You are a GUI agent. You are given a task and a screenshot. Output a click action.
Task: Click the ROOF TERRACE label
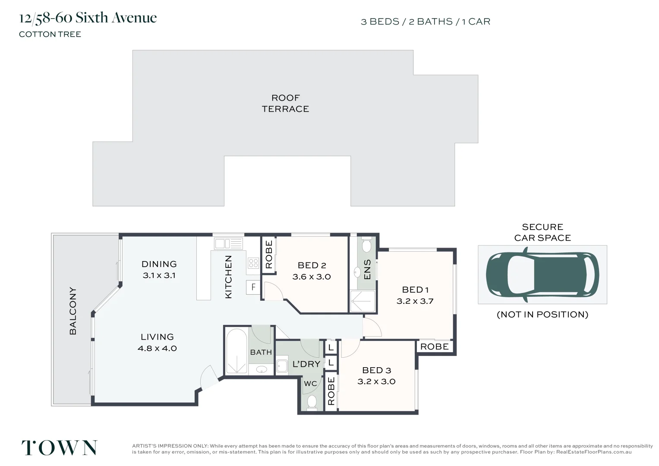point(285,103)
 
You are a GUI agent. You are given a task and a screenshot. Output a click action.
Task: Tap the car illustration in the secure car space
point(542,275)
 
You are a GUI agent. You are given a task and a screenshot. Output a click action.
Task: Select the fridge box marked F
point(253,287)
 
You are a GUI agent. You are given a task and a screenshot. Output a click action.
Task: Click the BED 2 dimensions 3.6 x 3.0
point(312,277)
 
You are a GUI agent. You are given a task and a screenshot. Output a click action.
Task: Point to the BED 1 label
point(415,290)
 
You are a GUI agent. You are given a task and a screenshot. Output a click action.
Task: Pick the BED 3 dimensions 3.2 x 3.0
point(376,381)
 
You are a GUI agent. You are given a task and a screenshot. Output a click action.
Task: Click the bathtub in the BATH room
point(236,351)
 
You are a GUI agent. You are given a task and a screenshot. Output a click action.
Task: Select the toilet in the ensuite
point(366,245)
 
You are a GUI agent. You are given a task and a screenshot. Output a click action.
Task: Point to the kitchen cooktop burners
point(253,263)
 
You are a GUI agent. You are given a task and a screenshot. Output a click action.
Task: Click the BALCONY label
point(73,311)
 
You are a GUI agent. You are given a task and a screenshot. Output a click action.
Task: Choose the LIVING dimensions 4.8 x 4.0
point(157,348)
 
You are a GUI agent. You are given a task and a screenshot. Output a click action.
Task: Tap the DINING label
point(159,264)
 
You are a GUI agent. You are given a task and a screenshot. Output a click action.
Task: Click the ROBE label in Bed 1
point(435,346)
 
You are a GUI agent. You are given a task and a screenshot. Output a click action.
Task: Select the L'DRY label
point(306,364)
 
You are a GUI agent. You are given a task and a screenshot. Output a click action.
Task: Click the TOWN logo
point(59,448)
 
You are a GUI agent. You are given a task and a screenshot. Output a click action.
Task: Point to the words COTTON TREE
point(50,35)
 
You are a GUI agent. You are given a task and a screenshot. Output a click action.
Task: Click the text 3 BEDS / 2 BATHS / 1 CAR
point(426,22)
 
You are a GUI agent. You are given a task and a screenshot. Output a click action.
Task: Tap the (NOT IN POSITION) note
point(542,315)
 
